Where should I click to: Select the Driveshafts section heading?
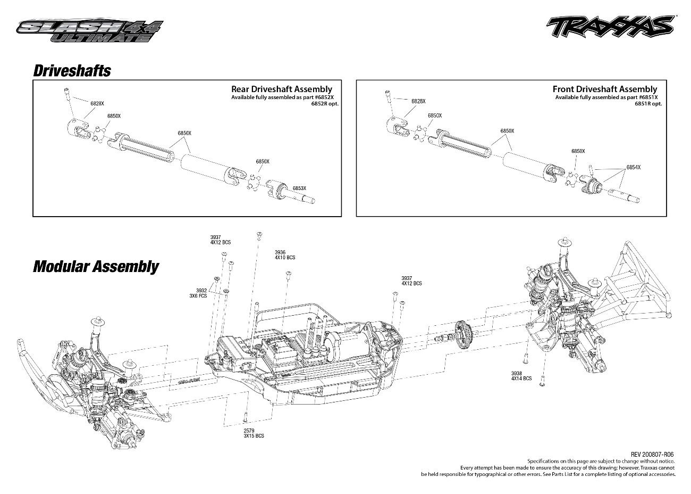point(72,71)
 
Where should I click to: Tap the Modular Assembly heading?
point(96,266)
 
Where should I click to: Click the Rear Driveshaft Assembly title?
point(281,89)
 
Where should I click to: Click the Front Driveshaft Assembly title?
point(604,89)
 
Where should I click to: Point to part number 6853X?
point(299,188)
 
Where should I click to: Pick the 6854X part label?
point(633,167)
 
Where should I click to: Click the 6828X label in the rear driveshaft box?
point(97,103)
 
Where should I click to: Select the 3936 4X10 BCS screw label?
point(284,255)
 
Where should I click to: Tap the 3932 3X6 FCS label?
point(201,293)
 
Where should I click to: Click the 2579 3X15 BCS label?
point(254,433)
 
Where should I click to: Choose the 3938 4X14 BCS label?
point(521,376)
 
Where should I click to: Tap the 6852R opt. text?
point(325,104)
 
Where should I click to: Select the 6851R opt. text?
point(648,104)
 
